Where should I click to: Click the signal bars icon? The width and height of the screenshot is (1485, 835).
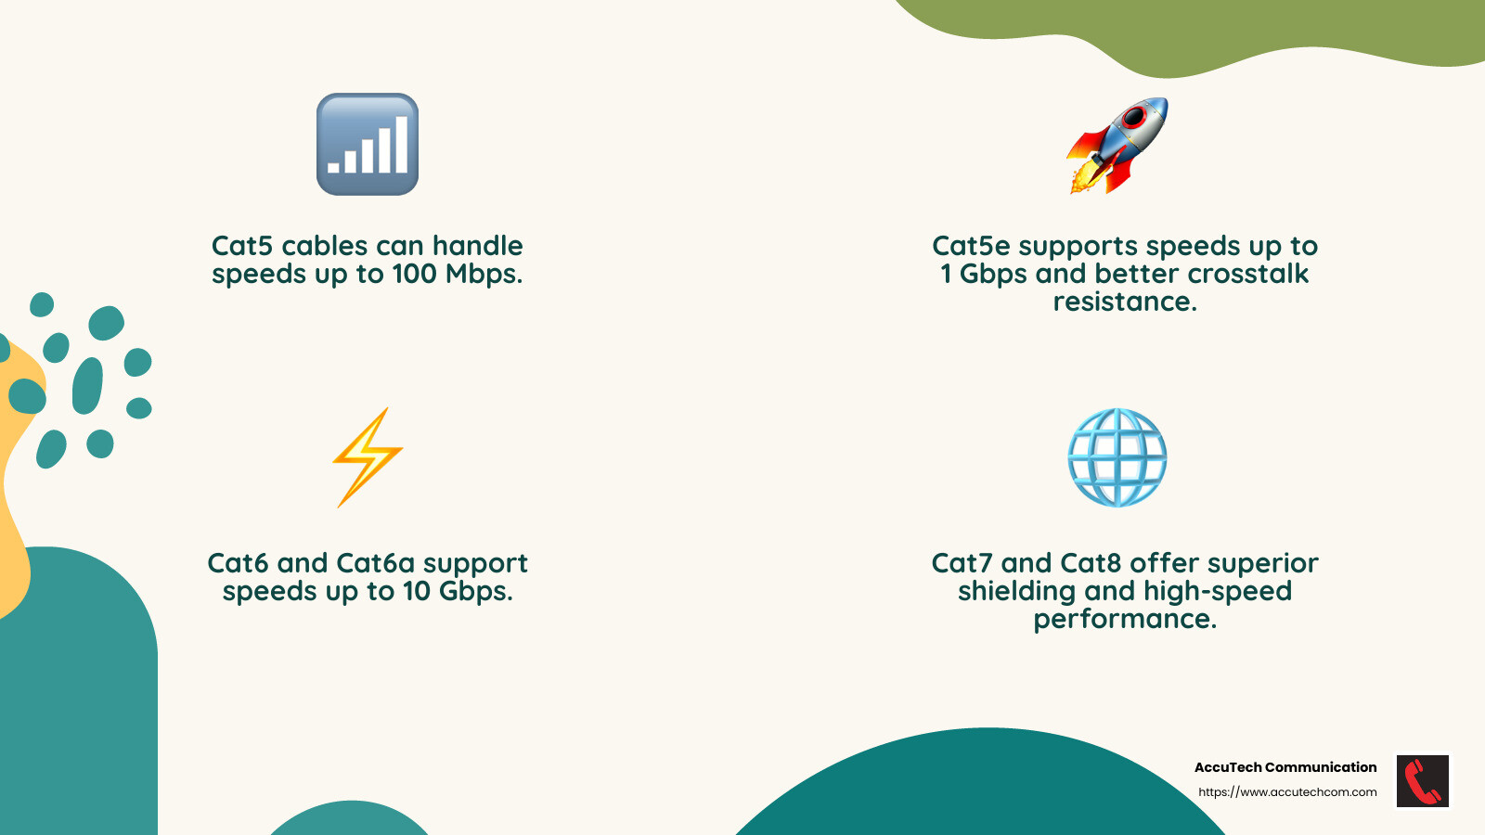tap(368, 144)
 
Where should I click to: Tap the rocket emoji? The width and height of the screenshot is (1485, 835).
tap(1117, 146)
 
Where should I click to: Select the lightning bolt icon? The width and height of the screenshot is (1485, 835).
tap(368, 457)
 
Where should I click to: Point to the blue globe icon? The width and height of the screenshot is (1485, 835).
tap(1117, 457)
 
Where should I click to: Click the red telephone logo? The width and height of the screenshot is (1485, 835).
tap(1422, 781)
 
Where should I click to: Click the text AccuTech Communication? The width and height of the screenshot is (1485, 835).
tap(1285, 767)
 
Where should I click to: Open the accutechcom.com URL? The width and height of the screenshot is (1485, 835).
tap(1287, 792)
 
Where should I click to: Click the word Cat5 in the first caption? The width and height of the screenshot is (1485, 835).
tap(242, 246)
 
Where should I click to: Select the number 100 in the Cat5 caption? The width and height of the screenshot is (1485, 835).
tap(414, 274)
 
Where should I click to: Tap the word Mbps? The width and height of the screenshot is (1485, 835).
tap(484, 275)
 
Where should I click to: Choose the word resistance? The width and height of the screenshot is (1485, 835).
tap(1125, 302)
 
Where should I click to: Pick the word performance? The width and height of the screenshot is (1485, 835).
tap(1125, 619)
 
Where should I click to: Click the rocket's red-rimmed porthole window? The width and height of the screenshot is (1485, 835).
tap(1134, 118)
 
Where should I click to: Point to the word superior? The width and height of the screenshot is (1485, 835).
tap(1263, 563)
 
